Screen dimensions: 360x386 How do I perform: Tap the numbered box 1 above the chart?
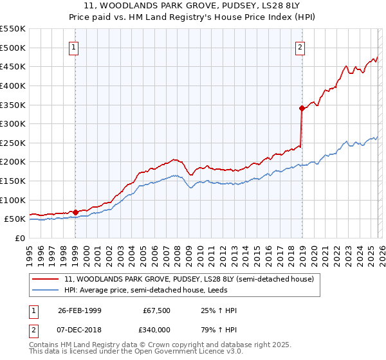pos(75,47)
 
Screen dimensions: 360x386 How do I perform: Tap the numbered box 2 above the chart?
pos(300,47)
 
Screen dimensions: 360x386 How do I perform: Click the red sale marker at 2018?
pos(301,109)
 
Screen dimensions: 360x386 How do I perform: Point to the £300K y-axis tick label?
pos(12,123)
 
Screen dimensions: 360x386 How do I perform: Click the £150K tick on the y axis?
pos(12,181)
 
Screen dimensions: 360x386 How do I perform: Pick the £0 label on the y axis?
pos(20,238)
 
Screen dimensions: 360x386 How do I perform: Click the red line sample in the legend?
pos(46,280)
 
